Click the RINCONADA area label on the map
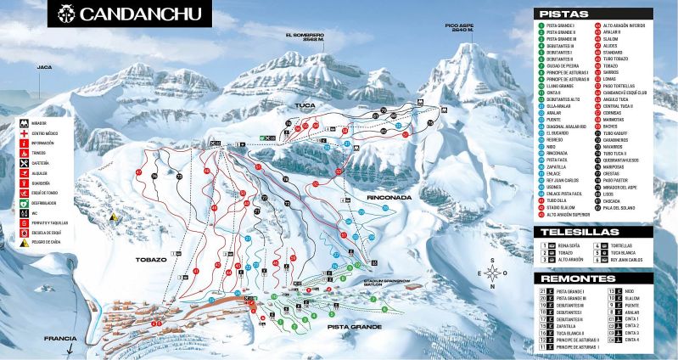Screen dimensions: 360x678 (x=389, y=197)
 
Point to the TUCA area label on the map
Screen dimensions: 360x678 (x=305, y=105)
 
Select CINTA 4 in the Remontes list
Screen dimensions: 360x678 (x=631, y=340)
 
